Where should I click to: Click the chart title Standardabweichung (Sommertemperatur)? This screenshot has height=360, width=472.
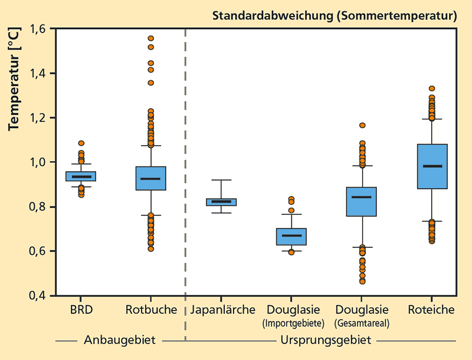(x=335, y=16)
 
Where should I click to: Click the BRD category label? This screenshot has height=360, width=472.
(x=81, y=309)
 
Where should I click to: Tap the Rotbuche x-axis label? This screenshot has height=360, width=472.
(x=151, y=309)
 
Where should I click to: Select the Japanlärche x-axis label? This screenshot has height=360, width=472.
(x=221, y=309)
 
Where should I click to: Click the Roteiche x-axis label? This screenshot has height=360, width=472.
(x=431, y=309)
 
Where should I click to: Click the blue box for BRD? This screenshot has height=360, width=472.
(x=81, y=176)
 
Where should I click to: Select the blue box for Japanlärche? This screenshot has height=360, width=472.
(x=221, y=202)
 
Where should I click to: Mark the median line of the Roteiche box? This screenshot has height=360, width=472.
(x=431, y=166)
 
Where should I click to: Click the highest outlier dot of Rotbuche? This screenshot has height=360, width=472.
(x=151, y=38)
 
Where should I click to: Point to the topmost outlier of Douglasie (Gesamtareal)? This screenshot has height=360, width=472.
(x=362, y=125)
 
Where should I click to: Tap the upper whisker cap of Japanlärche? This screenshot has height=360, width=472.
(x=221, y=179)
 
